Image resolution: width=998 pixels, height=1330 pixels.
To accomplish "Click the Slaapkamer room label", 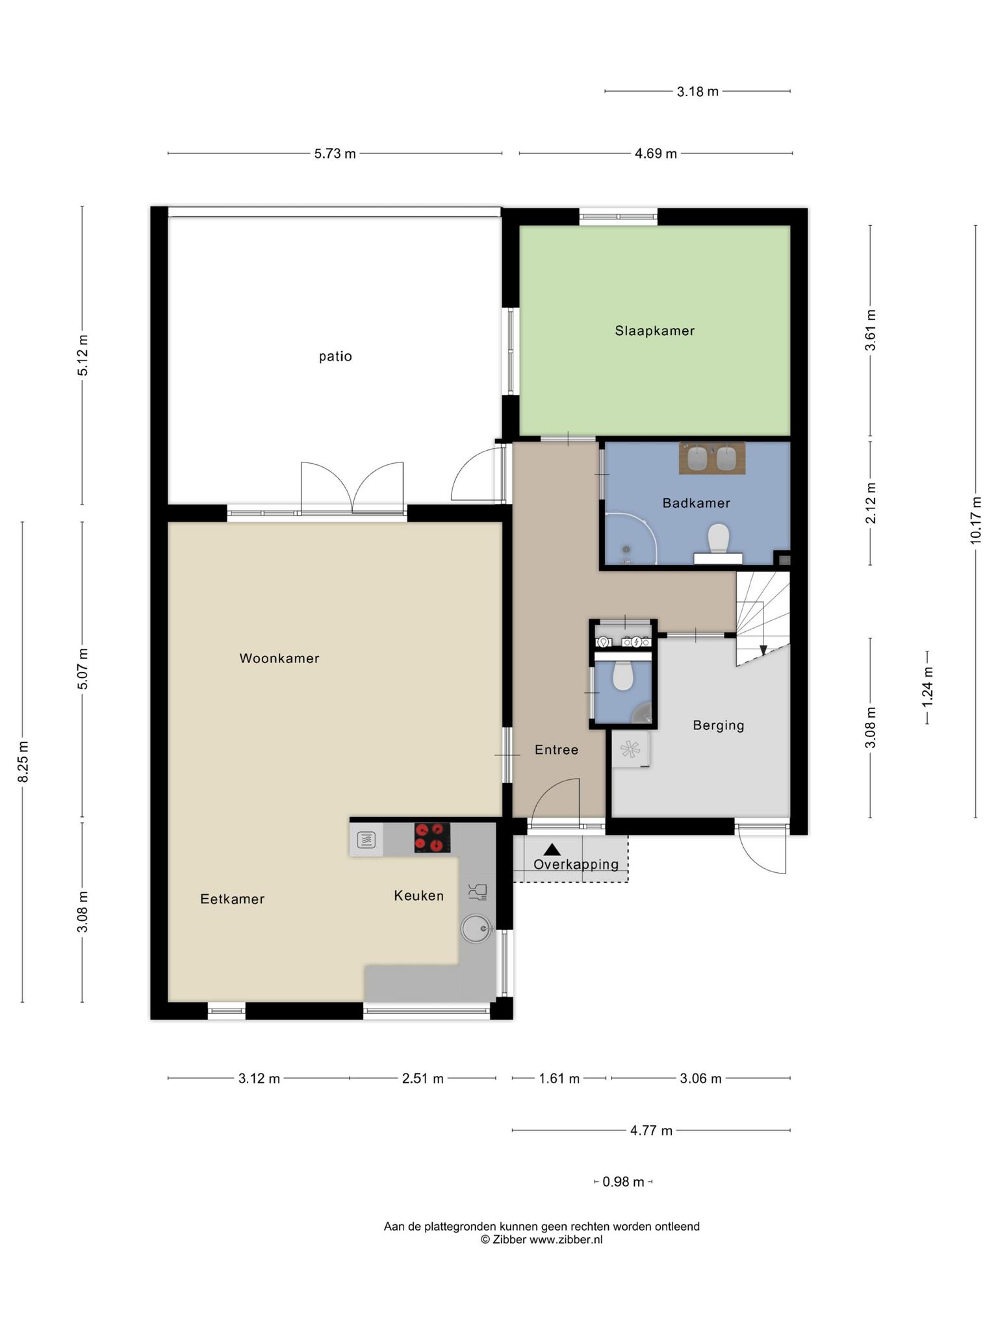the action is pos(655,331).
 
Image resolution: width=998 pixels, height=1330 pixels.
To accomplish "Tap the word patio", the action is pos(335,357).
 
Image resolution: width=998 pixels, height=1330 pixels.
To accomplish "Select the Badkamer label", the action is pos(697,503).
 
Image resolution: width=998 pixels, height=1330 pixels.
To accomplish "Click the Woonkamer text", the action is pos(279,659).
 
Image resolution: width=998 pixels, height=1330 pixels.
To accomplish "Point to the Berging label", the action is pos(719,725).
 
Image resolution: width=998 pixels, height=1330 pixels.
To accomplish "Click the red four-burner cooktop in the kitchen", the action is pos(432,838).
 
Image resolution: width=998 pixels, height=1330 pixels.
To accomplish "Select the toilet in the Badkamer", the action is pos(718,538).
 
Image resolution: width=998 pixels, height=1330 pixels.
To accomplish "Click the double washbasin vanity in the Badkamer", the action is pos(712,458).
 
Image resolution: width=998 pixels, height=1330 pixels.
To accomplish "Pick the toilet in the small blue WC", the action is pos(623,676).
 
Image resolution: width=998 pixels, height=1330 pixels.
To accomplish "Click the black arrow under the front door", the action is pos(552,849).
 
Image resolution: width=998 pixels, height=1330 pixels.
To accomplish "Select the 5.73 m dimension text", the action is pos(335,154).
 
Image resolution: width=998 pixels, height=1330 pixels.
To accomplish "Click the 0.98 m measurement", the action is pos(623,1182).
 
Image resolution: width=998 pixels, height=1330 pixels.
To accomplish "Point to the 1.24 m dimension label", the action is pos(927,688).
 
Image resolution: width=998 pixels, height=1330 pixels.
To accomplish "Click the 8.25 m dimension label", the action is pos(23,762).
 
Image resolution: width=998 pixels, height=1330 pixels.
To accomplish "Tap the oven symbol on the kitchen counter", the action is pos(366,840).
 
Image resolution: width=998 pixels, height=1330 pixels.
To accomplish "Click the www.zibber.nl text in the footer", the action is pos(566,1239).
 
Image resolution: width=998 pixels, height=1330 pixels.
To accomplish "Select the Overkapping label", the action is pos(576,864).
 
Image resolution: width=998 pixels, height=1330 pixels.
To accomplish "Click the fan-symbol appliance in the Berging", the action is pos(630,749).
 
